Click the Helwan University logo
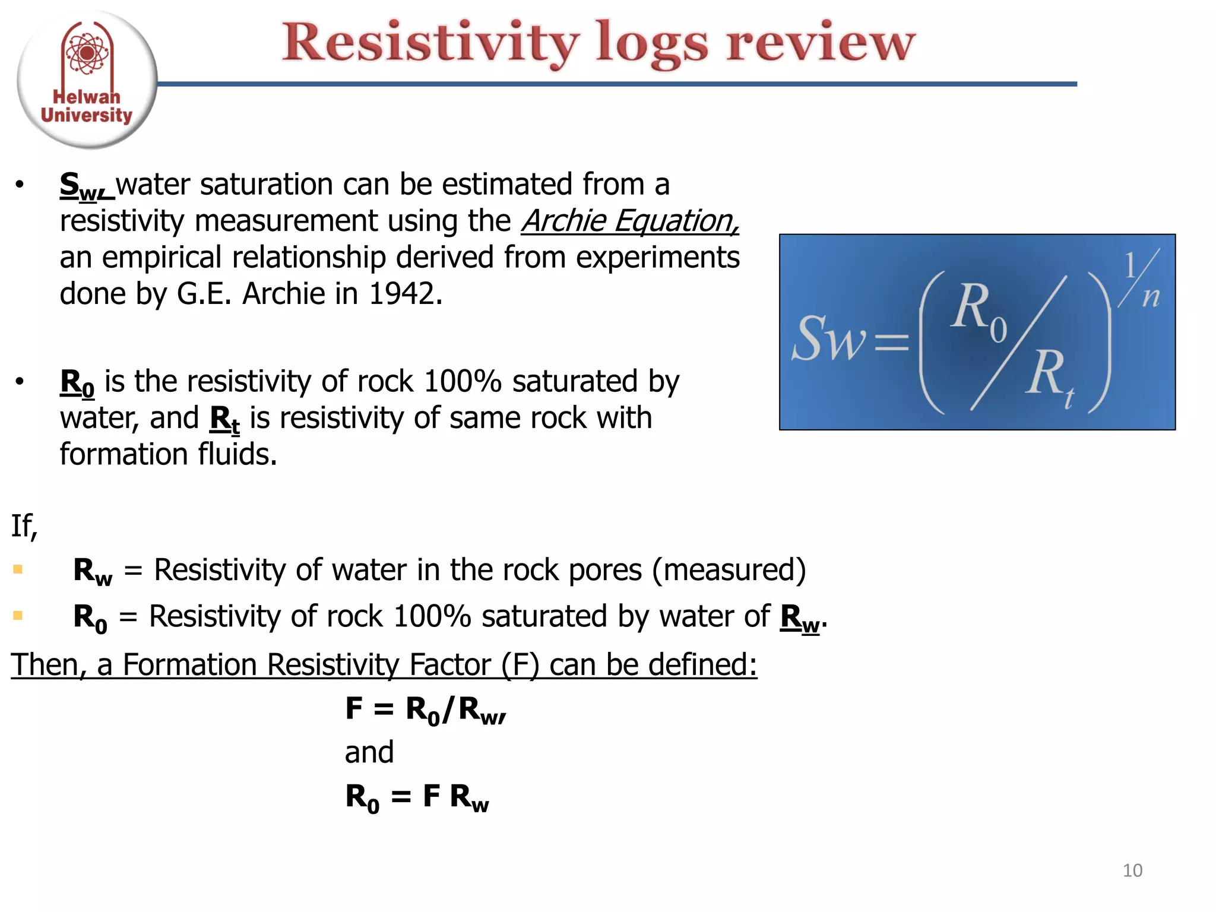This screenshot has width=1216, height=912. [x=87, y=79]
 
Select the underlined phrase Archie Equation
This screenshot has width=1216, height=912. [x=630, y=221]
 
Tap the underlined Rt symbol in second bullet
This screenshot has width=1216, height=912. [x=225, y=419]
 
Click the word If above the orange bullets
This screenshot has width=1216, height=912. [x=24, y=525]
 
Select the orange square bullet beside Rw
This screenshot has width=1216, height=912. [x=18, y=569]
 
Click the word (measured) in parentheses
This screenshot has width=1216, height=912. [x=729, y=570]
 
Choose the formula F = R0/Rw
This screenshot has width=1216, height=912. [x=425, y=710]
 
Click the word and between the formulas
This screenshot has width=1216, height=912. [x=369, y=752]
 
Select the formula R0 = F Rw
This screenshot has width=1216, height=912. [x=417, y=797]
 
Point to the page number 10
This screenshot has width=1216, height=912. [x=1132, y=870]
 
